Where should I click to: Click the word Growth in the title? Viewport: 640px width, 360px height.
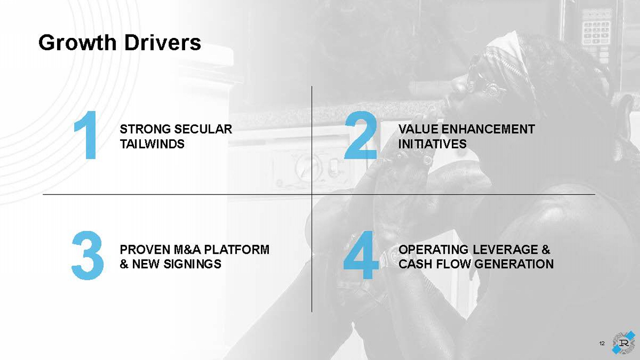pos(77,43)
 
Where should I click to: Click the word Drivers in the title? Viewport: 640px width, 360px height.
pos(162,43)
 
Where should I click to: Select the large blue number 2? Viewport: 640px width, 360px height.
pos(360,135)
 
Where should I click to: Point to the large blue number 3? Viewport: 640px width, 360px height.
pos(88,255)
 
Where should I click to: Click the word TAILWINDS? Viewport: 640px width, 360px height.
pos(152,144)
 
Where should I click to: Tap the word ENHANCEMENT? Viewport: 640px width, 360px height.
pos(488,129)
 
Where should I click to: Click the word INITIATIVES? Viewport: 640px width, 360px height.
pos(432,144)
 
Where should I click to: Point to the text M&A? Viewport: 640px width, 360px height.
pos(187,250)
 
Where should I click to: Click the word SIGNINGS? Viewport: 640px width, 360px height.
pos(192,264)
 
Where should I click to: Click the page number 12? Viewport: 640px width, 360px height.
pos(602,344)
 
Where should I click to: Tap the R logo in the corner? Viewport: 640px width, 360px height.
pos(624,343)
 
